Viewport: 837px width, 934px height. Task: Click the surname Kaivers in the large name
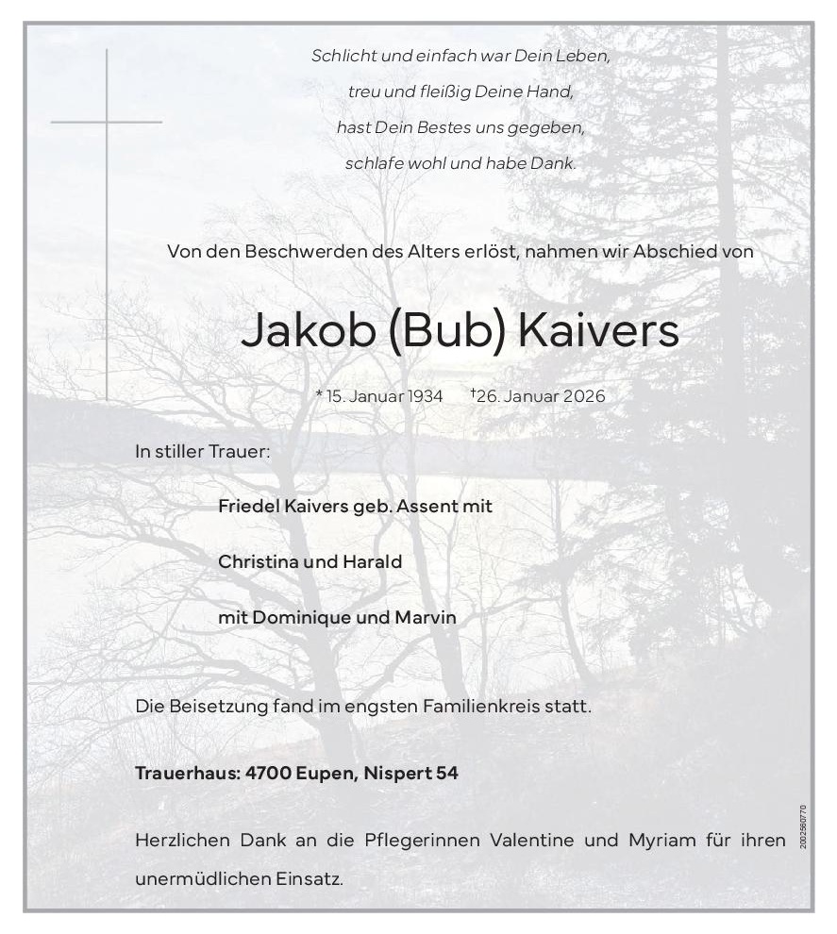pos(599,331)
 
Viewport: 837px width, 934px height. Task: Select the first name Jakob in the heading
pos(309,331)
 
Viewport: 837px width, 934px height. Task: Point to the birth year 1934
pos(426,396)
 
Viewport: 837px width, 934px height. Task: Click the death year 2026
pos(584,396)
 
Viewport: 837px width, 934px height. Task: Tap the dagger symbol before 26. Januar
pos(473,392)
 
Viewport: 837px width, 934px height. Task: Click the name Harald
pos(373,562)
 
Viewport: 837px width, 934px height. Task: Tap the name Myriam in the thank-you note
pos(661,840)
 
